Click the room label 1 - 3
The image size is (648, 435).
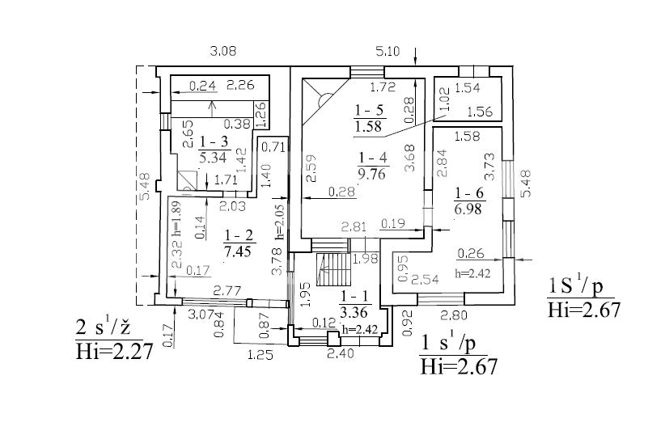pyautogui.click(x=214, y=141)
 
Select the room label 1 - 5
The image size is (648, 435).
pyautogui.click(x=368, y=109)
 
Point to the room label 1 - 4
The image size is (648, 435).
pyautogui.click(x=373, y=157)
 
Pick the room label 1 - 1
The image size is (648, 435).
pyautogui.click(x=354, y=296)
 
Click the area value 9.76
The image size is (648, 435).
pyautogui.click(x=373, y=171)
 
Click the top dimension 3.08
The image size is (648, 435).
pyautogui.click(x=222, y=51)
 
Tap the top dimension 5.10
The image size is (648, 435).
pyautogui.click(x=388, y=51)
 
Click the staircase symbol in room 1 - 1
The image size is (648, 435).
pyautogui.click(x=331, y=268)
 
